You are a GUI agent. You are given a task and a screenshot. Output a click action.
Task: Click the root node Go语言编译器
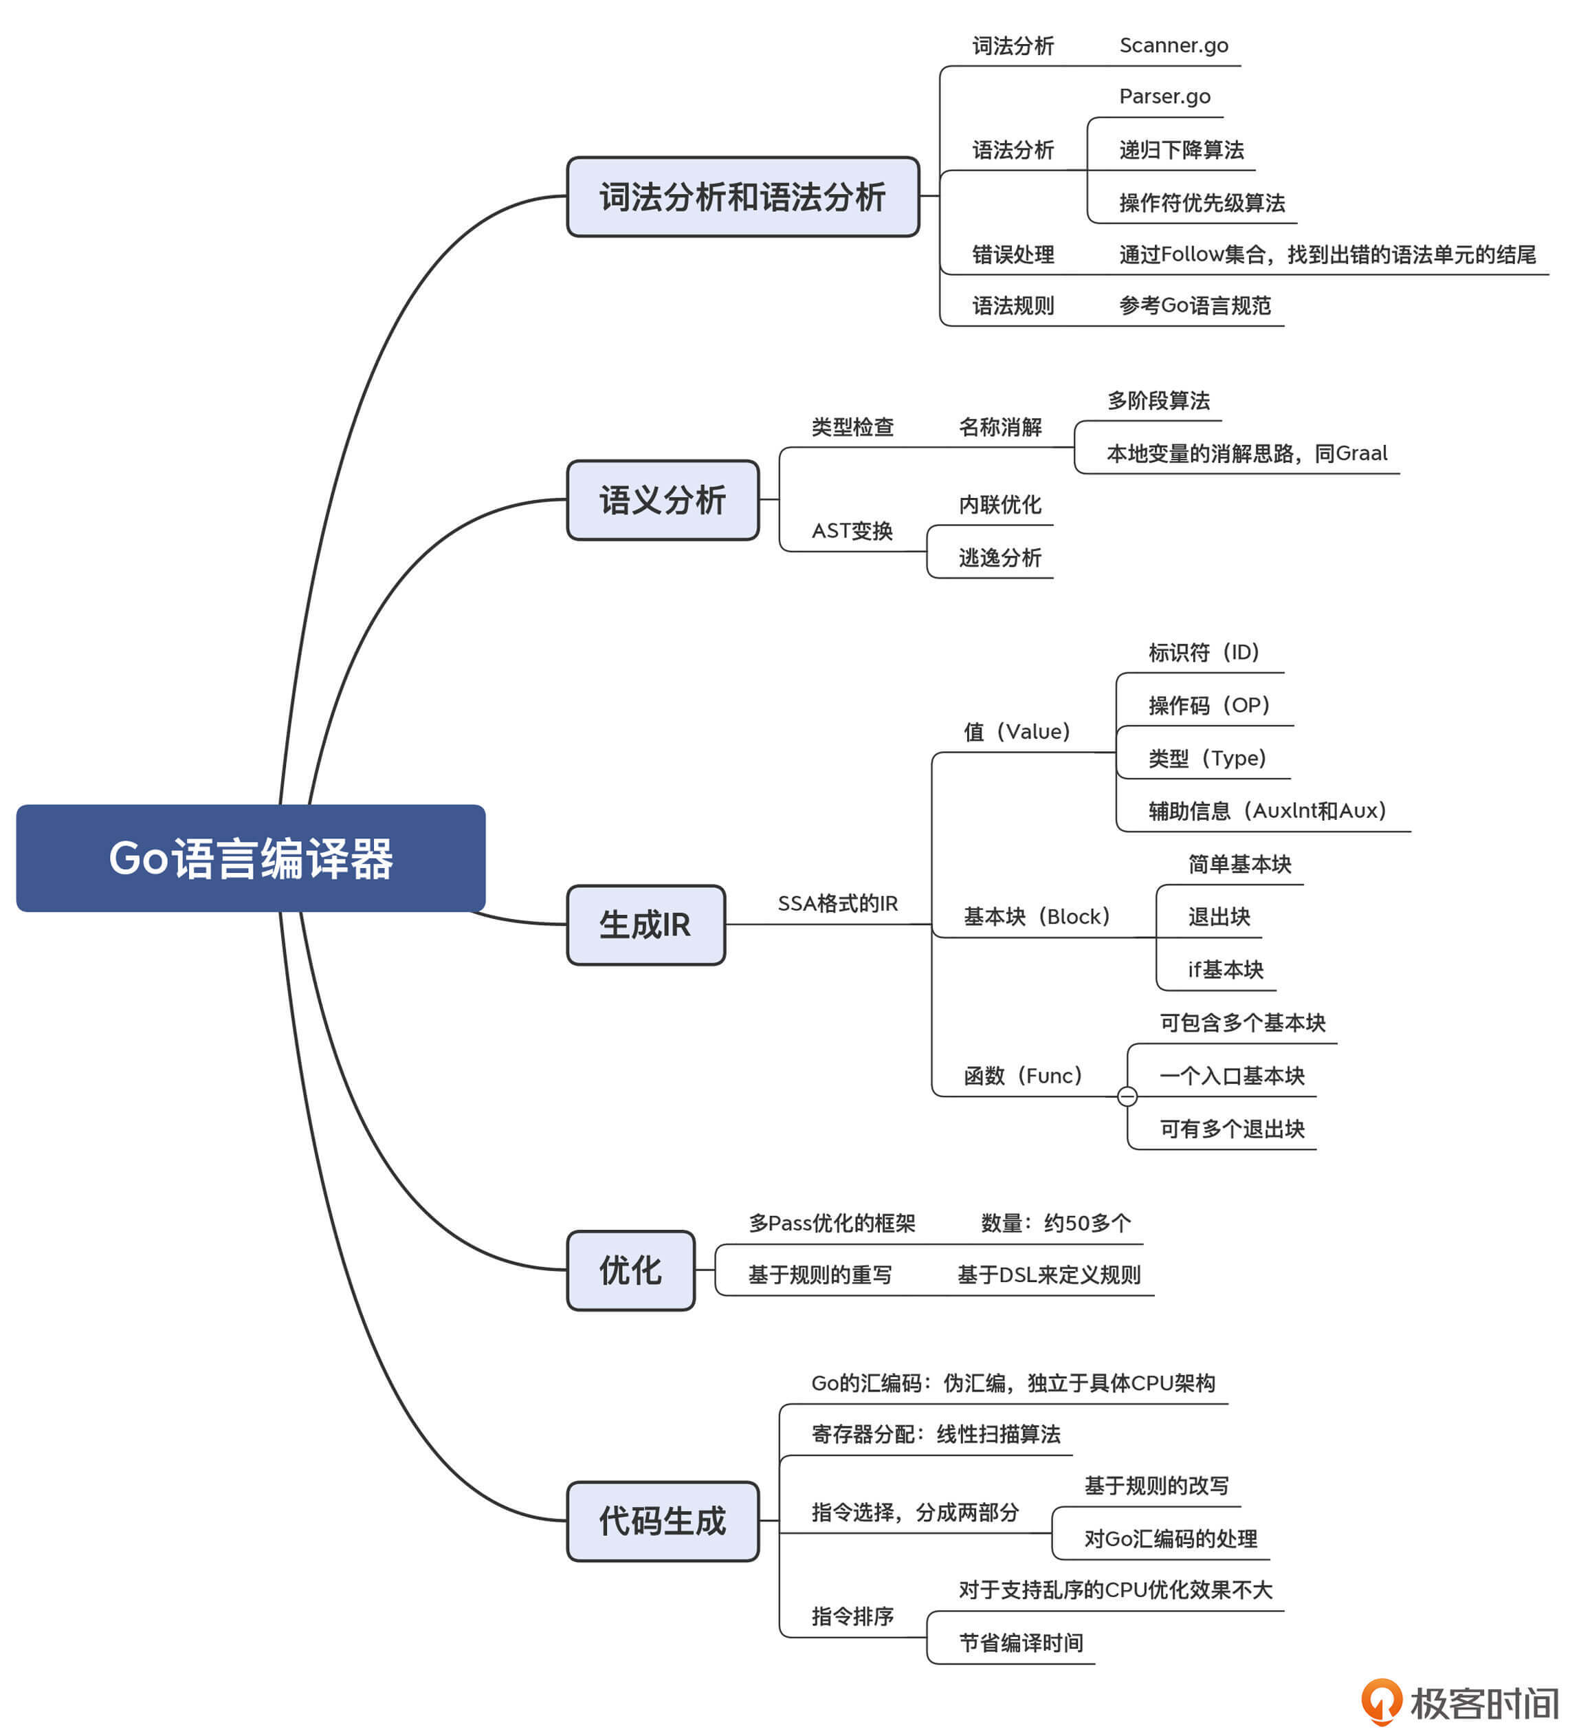tap(250, 858)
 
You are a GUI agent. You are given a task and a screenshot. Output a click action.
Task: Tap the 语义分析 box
tap(662, 500)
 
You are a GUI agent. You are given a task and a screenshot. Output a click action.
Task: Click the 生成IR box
tap(645, 924)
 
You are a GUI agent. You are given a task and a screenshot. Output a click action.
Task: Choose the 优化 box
tap(630, 1270)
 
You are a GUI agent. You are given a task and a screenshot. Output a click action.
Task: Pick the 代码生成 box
tap(662, 1521)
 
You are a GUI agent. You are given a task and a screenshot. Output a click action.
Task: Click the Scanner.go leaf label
tap(1173, 45)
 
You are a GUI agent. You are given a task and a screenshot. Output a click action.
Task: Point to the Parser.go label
tap(1164, 96)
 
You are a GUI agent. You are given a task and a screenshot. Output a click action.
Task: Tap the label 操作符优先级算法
tap(1201, 203)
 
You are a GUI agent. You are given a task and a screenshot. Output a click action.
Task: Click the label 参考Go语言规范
tap(1194, 305)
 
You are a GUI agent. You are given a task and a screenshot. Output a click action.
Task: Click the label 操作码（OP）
tap(1208, 705)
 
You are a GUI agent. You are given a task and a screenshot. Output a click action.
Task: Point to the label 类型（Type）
tap(1206, 758)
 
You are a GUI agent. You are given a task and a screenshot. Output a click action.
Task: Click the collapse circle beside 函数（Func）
tap(1127, 1096)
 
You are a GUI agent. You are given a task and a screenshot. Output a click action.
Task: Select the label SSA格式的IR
tap(837, 903)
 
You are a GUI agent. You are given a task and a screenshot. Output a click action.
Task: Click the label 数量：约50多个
tap(1055, 1222)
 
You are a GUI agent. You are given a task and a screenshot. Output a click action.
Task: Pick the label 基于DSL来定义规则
tap(1048, 1275)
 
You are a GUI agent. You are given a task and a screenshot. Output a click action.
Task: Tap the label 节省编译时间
tap(1021, 1643)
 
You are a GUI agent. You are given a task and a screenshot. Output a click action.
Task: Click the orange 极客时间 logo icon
tap(1381, 1701)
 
